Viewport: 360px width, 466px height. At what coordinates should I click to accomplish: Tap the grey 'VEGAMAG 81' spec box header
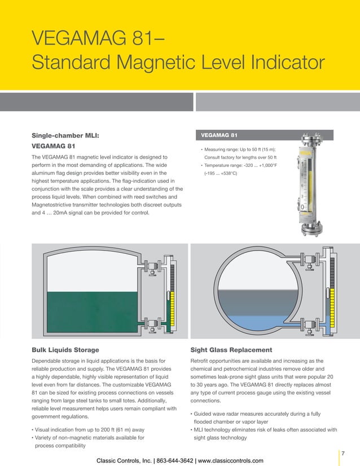(264, 135)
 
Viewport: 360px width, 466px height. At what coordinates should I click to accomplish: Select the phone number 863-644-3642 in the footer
(169, 460)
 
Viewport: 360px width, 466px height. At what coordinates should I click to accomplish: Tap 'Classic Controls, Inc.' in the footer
(121, 460)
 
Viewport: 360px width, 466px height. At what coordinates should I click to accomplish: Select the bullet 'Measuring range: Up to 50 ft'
(243, 149)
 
